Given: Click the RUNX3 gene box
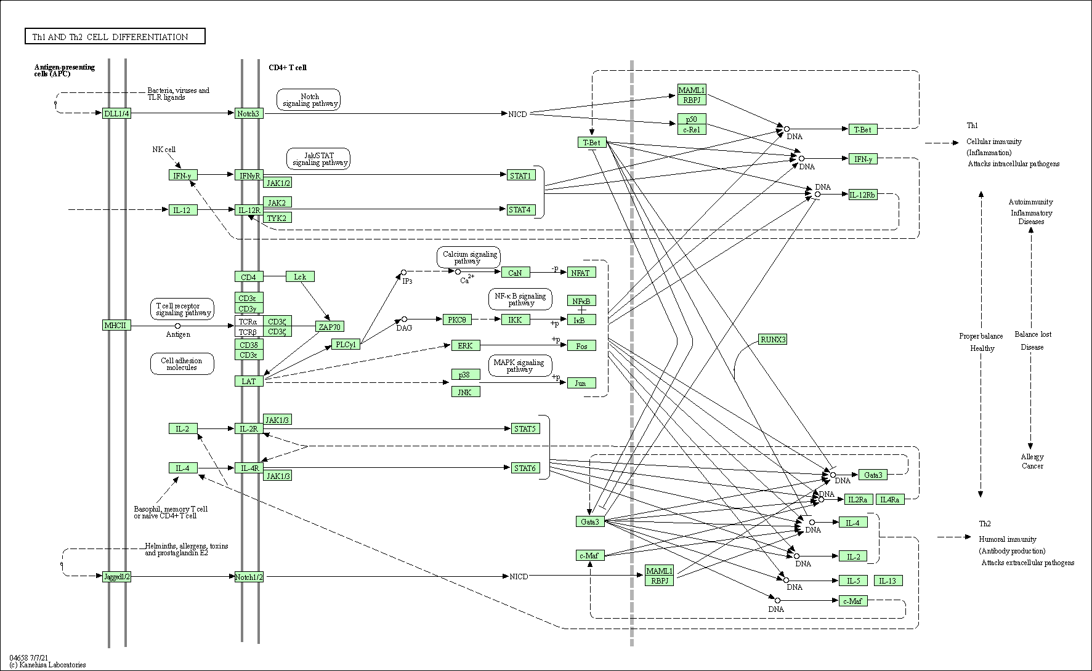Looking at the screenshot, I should pos(773,339).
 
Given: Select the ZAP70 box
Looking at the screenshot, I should pos(330,327).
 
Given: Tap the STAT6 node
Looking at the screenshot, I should pos(525,468).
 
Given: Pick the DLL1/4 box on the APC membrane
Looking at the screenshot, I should pos(116,113).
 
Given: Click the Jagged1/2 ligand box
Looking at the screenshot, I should pos(116,577).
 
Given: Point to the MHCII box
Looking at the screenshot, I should pos(116,325).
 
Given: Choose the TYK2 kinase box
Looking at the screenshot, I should pos(277,218).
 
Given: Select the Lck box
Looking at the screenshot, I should pos(300,277).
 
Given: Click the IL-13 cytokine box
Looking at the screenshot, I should pos(888,581).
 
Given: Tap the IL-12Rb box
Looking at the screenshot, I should pos(862,195).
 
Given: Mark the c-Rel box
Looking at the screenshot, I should pos(691,129).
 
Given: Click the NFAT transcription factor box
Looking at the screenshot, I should pos(581,273).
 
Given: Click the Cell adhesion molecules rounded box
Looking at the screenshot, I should pos(182,364).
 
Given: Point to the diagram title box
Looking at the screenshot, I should pos(115,37).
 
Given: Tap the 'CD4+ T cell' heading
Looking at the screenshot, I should pos(287,68).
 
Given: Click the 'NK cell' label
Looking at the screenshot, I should pos(164,150).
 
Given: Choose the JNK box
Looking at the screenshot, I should pos(465,392).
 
